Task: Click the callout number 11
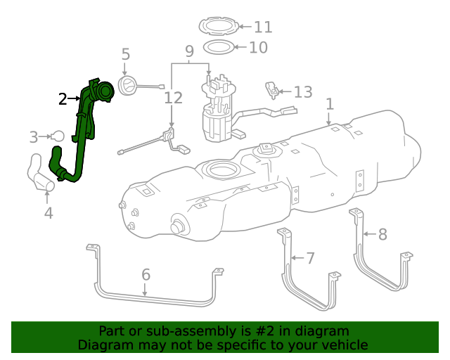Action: click(262, 27)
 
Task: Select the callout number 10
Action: click(259, 48)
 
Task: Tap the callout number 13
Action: click(302, 92)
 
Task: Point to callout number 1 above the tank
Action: click(330, 105)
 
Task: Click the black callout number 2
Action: click(63, 99)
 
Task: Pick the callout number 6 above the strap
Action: click(146, 274)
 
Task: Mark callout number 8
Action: click(382, 234)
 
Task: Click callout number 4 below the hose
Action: click(48, 212)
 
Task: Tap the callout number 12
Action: click(173, 98)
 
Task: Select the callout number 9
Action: click(189, 51)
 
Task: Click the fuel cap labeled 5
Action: click(129, 86)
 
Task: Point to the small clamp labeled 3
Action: click(58, 136)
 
